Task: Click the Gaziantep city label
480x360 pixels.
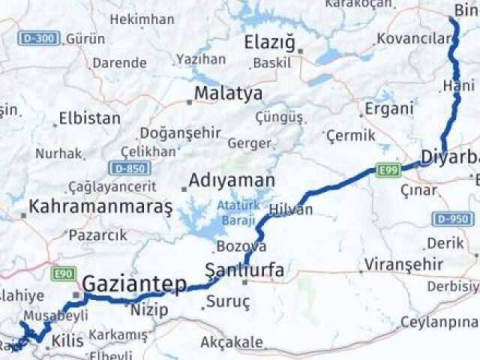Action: [x=134, y=284]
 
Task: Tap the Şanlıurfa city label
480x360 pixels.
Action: [x=244, y=270]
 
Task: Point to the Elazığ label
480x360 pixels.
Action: [x=269, y=43]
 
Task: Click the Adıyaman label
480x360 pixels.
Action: [x=232, y=181]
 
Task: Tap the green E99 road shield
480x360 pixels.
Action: [x=388, y=171]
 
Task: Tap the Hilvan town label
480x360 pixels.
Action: [x=290, y=210]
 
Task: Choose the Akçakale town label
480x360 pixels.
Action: [x=232, y=343]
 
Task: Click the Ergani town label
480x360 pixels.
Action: [x=388, y=109]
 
